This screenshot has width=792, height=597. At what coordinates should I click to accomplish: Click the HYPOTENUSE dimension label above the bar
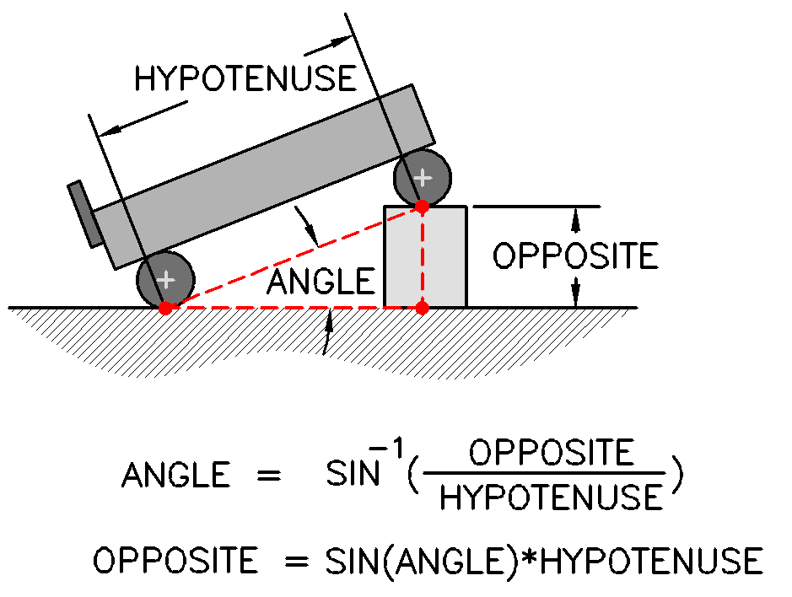[x=245, y=78]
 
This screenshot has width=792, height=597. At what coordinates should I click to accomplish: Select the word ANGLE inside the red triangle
[x=321, y=281]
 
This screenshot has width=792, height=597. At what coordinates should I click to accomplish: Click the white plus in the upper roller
[x=423, y=178]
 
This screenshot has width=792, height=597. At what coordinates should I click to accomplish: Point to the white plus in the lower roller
[x=166, y=278]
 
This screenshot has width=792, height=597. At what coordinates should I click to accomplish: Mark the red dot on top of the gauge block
[x=423, y=205]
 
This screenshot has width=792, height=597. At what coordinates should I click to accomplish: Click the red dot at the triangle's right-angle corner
[x=423, y=307]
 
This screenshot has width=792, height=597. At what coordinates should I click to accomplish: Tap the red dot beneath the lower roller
[x=165, y=308]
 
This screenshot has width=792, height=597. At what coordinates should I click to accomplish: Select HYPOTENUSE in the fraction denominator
[x=552, y=497]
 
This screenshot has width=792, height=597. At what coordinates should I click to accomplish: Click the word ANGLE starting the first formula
[x=175, y=476]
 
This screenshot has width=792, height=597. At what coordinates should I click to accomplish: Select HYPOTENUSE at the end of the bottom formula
[x=654, y=561]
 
